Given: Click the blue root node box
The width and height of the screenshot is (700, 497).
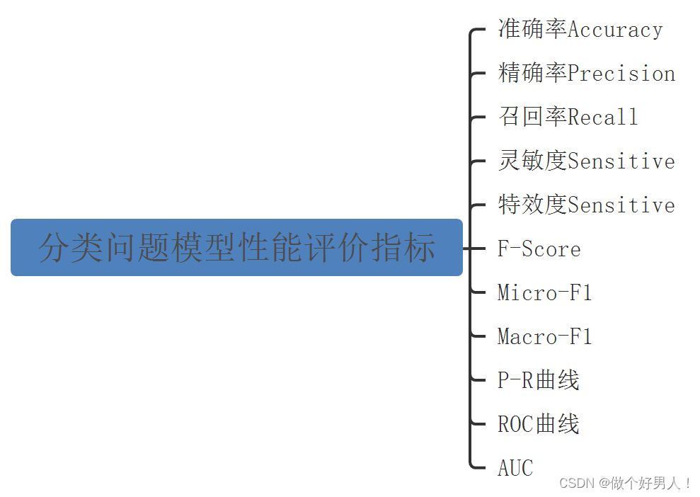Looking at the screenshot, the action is pyautogui.click(x=236, y=248).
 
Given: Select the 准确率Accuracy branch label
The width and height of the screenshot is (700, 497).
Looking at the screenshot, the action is pyautogui.click(x=580, y=30).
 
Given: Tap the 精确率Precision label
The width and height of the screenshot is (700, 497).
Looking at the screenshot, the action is pyautogui.click(x=586, y=74).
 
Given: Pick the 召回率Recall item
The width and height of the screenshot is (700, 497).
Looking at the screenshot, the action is pyautogui.click(x=568, y=117).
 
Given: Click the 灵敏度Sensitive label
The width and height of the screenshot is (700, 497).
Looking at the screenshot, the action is pyautogui.click(x=586, y=161).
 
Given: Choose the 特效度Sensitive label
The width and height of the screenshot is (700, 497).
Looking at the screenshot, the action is pyautogui.click(x=586, y=205).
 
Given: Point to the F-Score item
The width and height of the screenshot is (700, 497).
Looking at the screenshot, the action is pyautogui.click(x=539, y=249).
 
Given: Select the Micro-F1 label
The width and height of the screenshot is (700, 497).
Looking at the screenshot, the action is pyautogui.click(x=544, y=292).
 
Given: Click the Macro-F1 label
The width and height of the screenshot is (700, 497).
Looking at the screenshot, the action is pyautogui.click(x=544, y=336).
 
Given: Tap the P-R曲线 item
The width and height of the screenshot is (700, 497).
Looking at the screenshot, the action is pyautogui.click(x=538, y=380).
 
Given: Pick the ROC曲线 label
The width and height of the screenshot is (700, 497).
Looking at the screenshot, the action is pyautogui.click(x=538, y=424).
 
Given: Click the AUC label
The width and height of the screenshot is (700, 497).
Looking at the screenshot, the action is pyautogui.click(x=515, y=468).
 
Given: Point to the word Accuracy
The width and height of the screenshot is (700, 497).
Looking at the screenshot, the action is pyautogui.click(x=615, y=30).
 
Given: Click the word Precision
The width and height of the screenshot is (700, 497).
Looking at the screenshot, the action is pyautogui.click(x=621, y=74).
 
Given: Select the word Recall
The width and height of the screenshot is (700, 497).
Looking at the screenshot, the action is pyautogui.click(x=603, y=117).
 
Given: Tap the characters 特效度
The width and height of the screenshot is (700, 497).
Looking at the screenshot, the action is pyautogui.click(x=532, y=205).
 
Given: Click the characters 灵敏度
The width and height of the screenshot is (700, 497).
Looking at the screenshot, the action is pyautogui.click(x=532, y=161).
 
